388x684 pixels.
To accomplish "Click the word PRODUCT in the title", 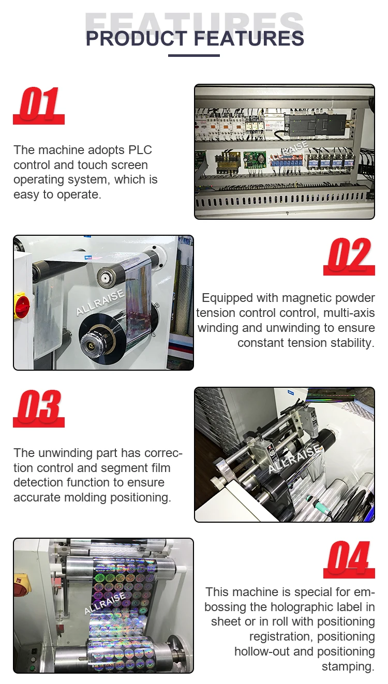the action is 136,38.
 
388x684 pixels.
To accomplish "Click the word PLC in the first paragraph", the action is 140,150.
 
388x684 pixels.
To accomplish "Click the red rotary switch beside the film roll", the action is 22,306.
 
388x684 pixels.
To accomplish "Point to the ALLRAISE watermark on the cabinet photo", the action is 288,151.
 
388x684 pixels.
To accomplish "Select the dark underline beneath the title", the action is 194,55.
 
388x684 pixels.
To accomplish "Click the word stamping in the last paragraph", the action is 348,666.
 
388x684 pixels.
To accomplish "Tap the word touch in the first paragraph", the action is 93,165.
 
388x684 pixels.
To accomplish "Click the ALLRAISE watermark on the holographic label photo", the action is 105,603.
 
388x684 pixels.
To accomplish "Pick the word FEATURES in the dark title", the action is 249,38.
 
